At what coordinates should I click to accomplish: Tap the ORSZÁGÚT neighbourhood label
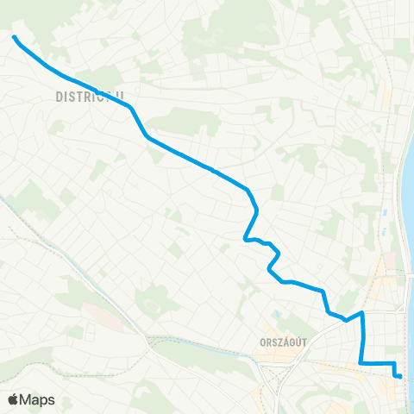pos(284,342)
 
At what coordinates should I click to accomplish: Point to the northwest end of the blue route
pos(15,37)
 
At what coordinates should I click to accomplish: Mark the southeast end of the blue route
pos(399,375)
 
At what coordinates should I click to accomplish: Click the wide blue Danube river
pos(408,216)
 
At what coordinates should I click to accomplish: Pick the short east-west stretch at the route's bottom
pos(378,363)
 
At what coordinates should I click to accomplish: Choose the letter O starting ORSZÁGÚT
pos(262,342)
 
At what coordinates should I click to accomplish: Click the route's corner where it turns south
pos(362,313)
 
